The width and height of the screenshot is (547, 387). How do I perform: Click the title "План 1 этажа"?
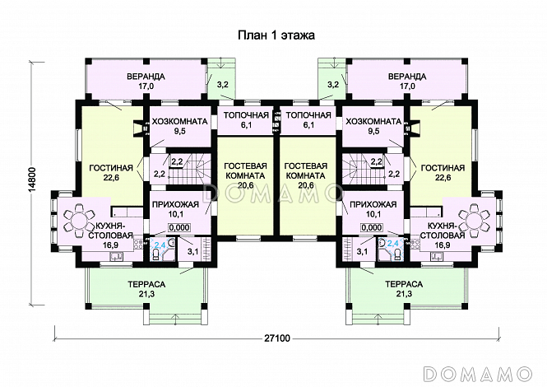tap(276, 35)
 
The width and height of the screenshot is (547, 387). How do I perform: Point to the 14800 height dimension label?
tap(32, 178)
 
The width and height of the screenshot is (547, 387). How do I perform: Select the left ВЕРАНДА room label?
tap(146, 76)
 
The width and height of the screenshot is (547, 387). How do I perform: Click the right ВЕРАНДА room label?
tap(407, 76)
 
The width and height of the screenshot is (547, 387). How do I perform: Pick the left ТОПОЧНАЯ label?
tap(246, 115)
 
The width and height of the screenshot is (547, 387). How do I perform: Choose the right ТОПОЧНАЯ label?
tap(308, 115)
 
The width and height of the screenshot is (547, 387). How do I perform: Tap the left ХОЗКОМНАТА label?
tap(179, 122)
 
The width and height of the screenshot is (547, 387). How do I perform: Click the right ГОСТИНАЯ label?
tap(443, 168)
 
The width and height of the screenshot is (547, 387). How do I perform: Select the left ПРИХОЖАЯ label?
tap(175, 204)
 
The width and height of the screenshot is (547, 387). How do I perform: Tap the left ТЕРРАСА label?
tap(146, 284)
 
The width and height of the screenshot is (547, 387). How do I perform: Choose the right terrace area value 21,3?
tap(404, 294)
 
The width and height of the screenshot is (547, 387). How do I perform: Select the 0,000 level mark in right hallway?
tap(372, 228)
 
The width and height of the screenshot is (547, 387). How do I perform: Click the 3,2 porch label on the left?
tap(223, 85)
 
